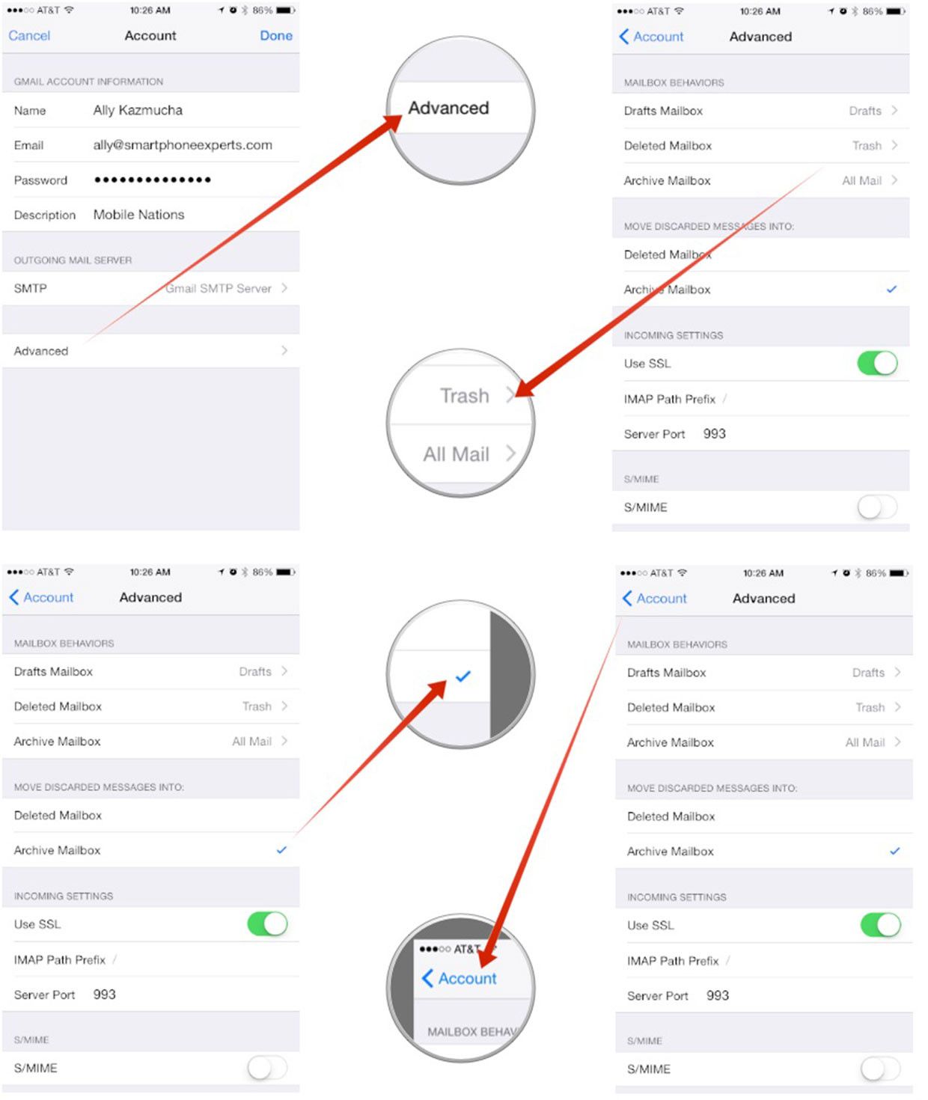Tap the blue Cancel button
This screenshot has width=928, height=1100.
[x=29, y=36]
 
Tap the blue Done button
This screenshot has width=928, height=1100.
[x=276, y=36]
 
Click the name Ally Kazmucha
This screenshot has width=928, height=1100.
[x=138, y=110]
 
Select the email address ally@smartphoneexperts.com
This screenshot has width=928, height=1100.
[x=183, y=145]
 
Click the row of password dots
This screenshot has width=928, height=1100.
[x=152, y=180]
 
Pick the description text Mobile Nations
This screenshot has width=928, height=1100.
[x=139, y=215]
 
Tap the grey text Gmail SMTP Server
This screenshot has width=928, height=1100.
[x=219, y=288]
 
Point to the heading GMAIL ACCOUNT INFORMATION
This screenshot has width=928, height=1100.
[x=88, y=82]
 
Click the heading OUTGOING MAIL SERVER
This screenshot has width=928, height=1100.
[x=73, y=260]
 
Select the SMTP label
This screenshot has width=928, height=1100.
[x=31, y=288]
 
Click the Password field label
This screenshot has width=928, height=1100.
[x=40, y=180]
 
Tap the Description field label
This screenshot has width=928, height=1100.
[x=45, y=215]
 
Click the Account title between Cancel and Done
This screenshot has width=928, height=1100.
[x=150, y=36]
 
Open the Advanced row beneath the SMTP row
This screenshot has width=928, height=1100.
[x=41, y=351]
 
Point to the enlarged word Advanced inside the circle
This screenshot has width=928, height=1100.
[x=448, y=108]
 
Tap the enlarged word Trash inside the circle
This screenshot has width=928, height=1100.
[x=464, y=396]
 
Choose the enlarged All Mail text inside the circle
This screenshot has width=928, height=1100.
[x=457, y=454]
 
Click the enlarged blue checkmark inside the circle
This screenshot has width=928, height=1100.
[x=463, y=676]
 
